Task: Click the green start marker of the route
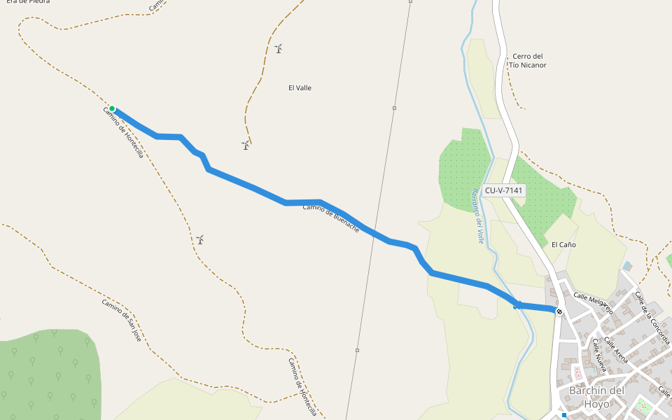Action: [112, 108]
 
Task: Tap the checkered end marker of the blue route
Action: [559, 311]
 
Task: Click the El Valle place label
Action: [300, 88]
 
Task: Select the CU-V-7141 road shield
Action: [504, 190]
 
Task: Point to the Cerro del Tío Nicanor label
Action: [527, 61]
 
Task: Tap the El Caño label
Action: [563, 245]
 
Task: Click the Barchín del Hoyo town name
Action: [596, 397]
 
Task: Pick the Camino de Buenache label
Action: [331, 218]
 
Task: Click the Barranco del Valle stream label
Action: [478, 215]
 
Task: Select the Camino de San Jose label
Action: [121, 320]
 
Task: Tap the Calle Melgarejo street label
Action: [594, 304]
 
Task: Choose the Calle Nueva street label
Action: [600, 355]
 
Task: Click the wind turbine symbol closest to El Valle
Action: [279, 48]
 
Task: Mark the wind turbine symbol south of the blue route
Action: [200, 239]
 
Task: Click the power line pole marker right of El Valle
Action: [394, 108]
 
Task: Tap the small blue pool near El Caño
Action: [626, 266]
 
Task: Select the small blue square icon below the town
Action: [563, 414]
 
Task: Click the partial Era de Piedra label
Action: [24, 2]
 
